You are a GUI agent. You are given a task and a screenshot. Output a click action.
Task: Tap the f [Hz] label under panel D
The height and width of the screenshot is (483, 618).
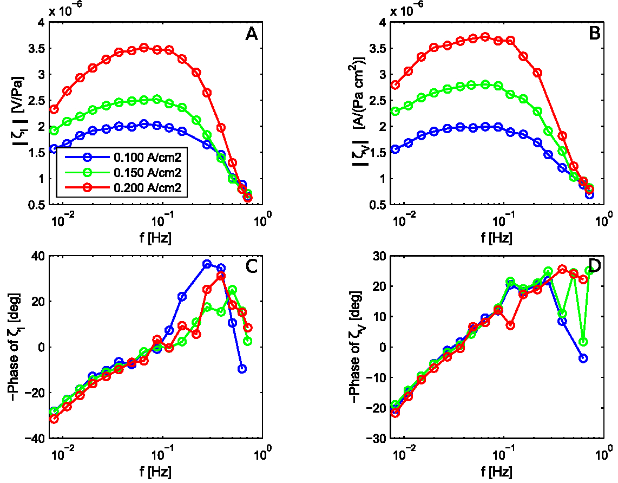click(x=498, y=471)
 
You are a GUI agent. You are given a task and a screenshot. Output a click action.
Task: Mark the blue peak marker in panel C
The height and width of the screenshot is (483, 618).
click(x=207, y=264)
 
